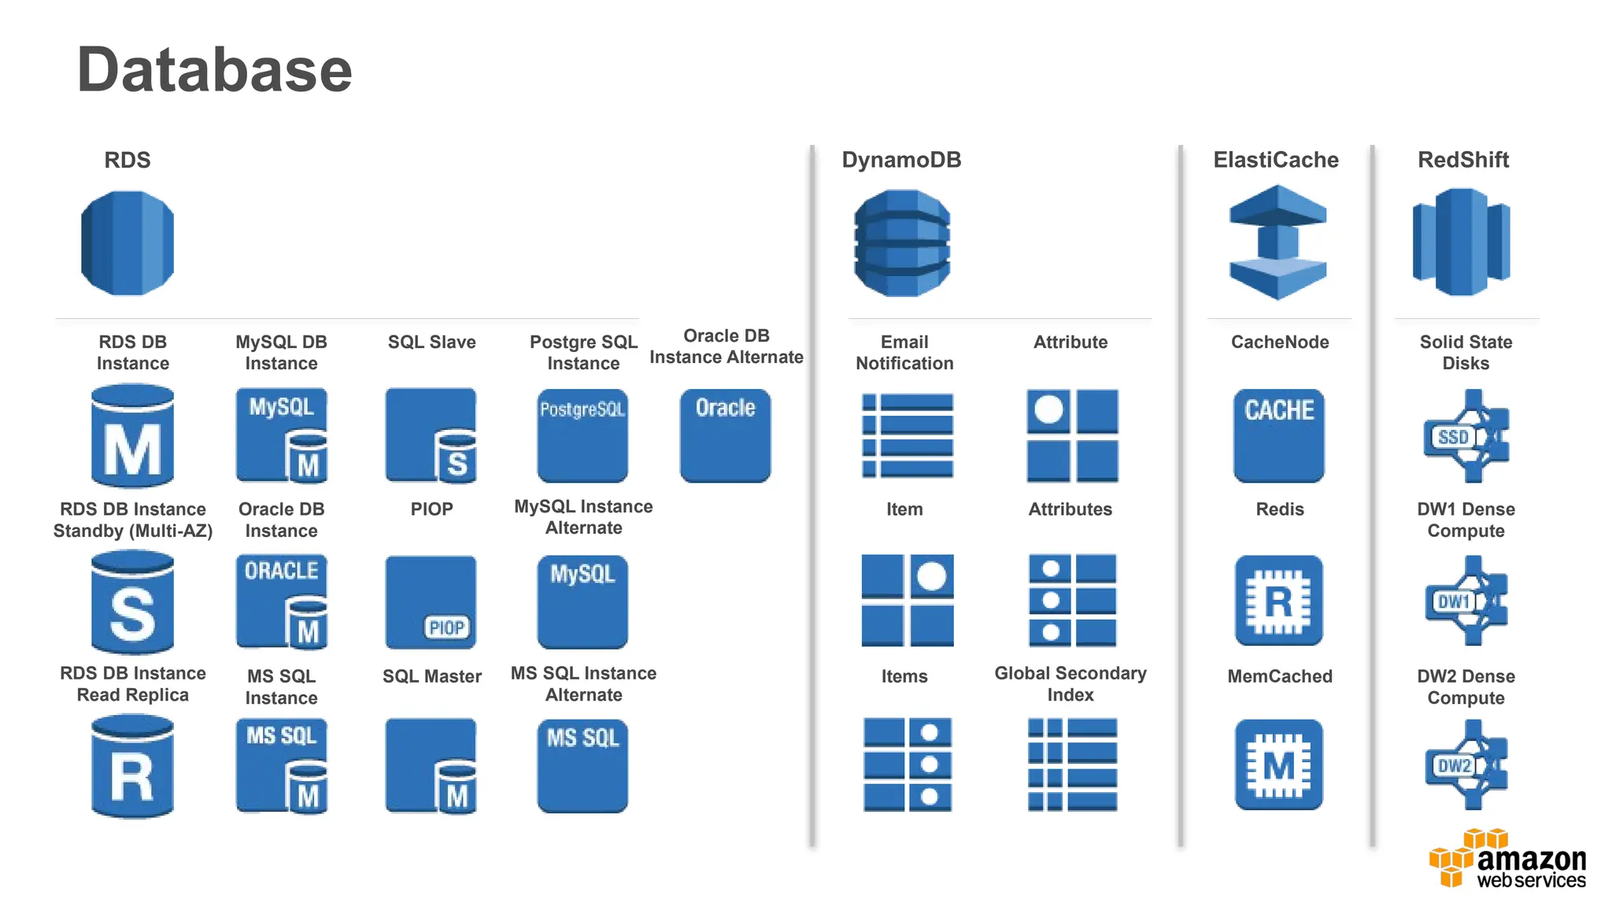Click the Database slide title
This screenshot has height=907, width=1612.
pyautogui.click(x=214, y=70)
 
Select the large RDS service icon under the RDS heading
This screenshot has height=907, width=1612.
pyautogui.click(x=128, y=243)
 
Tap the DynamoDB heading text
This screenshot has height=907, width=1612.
pyautogui.click(x=901, y=160)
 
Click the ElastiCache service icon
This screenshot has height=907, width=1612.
pyautogui.click(x=1277, y=242)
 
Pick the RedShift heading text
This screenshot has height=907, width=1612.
pyautogui.click(x=1462, y=160)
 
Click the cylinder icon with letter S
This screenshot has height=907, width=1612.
pyautogui.click(x=132, y=603)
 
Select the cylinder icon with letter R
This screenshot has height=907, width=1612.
pyautogui.click(x=132, y=767)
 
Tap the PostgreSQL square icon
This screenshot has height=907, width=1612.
pyautogui.click(x=582, y=435)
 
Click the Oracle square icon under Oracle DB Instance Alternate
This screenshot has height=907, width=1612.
pyautogui.click(x=725, y=435)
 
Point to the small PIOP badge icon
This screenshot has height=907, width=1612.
pyautogui.click(x=446, y=627)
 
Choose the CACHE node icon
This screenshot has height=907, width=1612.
pyautogui.click(x=1278, y=435)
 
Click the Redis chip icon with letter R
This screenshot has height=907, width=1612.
pyautogui.click(x=1278, y=602)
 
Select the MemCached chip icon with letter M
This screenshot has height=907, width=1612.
pyautogui.click(x=1278, y=764)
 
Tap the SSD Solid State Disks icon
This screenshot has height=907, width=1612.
pyautogui.click(x=1466, y=436)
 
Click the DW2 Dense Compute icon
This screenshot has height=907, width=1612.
pyautogui.click(x=1466, y=765)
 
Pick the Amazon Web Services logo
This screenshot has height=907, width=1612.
pyautogui.click(x=1507, y=861)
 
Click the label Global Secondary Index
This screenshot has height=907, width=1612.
pyautogui.click(x=1070, y=683)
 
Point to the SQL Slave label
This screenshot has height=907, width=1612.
pyautogui.click(x=431, y=342)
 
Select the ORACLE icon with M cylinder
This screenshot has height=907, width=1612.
pyautogui.click(x=281, y=602)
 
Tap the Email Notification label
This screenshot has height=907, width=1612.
pyautogui.click(x=904, y=352)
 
